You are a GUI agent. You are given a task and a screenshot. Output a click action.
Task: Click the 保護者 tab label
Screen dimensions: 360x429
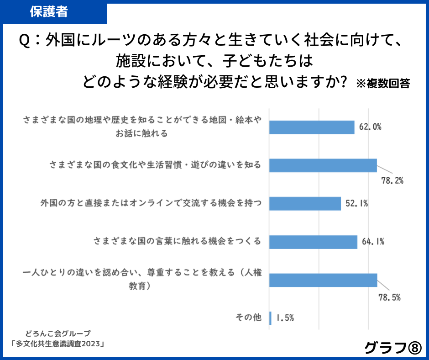point(49,12)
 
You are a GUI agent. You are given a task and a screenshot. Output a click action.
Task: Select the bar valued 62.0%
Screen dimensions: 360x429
point(312,127)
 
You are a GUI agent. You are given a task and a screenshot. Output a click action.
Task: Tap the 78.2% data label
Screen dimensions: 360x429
point(392,180)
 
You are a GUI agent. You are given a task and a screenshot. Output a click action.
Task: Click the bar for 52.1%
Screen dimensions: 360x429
point(305,204)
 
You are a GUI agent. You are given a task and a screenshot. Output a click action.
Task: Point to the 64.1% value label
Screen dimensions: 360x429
point(373,242)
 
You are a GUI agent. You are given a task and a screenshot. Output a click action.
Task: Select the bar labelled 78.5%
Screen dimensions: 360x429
point(323,280)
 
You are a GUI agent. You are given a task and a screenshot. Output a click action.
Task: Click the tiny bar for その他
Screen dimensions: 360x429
point(271,318)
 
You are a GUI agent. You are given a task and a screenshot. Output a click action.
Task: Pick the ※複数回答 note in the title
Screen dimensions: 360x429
point(382,84)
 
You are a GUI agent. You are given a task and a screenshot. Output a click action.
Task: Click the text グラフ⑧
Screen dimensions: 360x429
point(392,348)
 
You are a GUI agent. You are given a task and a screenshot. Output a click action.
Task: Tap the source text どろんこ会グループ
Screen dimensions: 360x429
point(58,333)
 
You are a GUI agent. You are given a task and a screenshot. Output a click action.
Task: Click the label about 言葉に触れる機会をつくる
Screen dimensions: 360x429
point(177,241)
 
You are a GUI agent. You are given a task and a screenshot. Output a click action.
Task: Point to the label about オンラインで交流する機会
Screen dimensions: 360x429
point(151,203)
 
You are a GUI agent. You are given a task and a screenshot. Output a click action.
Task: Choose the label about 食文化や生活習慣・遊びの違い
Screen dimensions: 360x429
point(155,165)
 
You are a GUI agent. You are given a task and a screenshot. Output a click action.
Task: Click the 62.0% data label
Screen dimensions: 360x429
point(370,127)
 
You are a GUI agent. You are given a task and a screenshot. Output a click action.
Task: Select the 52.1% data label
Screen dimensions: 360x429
point(357,204)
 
